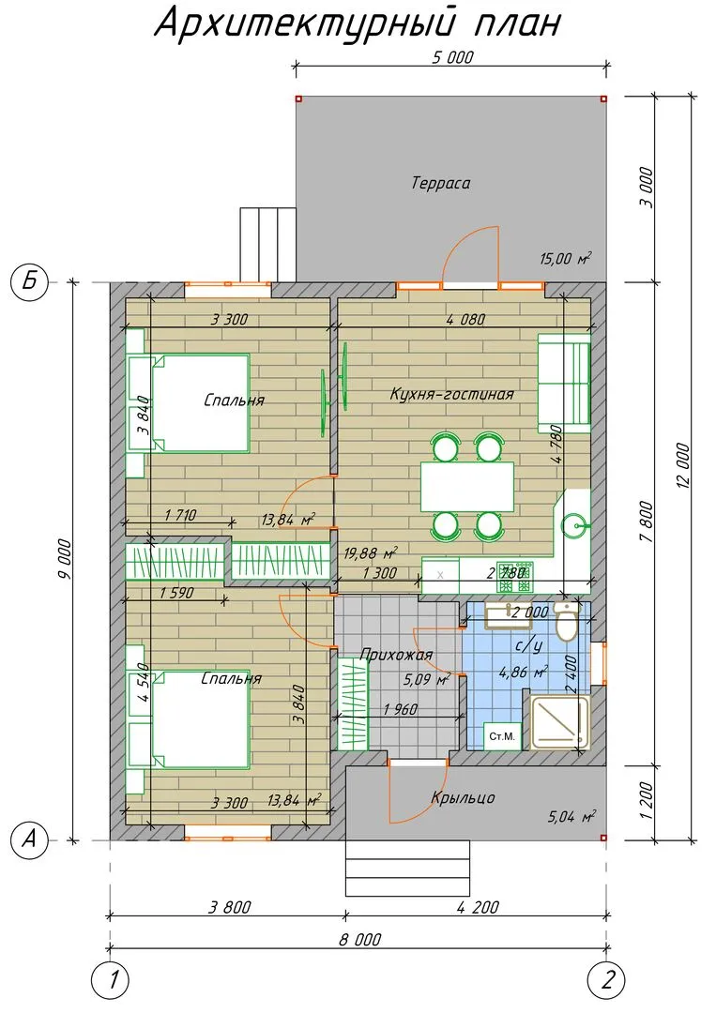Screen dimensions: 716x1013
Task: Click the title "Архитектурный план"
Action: pos(358,24)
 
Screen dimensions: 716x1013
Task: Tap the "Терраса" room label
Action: pos(441,183)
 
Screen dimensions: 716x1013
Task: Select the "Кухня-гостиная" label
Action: pos(451,393)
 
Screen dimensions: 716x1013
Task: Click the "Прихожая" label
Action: pos(395,655)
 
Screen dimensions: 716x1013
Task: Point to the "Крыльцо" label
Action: pos(463,797)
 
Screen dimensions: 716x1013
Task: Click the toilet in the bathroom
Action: pos(567,622)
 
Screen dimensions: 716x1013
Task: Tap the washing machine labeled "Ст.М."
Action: pos(502,736)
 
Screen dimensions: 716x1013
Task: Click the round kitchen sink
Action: pos(572,526)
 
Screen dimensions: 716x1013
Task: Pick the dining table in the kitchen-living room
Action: pos(468,487)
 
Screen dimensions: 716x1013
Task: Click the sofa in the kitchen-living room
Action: pos(564,383)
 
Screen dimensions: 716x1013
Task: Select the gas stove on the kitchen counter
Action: pos(515,576)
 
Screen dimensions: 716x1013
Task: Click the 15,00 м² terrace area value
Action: pos(566,259)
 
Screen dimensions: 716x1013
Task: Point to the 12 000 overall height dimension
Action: pos(684,465)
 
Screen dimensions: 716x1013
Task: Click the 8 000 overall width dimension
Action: pos(360,939)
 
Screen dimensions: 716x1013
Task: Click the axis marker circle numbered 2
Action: pos(607,980)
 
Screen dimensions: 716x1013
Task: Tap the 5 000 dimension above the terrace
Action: pos(452,57)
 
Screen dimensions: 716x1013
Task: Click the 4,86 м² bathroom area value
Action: pos(524,672)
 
